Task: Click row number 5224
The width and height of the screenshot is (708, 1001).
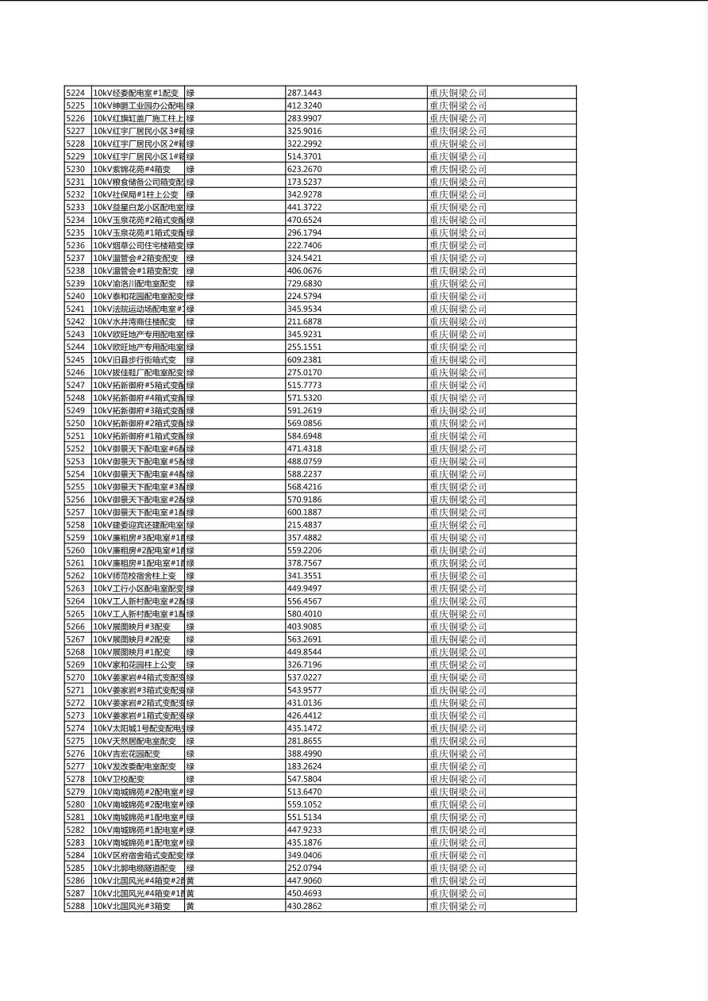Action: pos(75,93)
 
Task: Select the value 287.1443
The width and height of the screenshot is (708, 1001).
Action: pos(304,93)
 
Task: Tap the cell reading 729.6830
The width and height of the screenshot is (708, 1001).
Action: pos(304,284)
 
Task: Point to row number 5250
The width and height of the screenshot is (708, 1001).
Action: pos(75,424)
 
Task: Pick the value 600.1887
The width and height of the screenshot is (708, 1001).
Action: pos(304,512)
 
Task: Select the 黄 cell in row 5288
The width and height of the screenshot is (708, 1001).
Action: pos(190,906)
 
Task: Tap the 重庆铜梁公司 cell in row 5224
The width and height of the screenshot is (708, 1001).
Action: pos(458,93)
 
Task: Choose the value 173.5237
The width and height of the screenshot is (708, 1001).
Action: pos(304,182)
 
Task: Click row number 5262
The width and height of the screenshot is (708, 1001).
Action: pos(75,576)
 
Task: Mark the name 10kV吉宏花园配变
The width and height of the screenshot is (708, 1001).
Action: pos(127,754)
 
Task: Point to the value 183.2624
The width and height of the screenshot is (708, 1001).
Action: pos(304,766)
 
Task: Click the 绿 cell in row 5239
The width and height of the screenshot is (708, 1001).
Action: pos(190,284)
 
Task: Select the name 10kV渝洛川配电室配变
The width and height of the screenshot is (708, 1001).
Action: pos(135,284)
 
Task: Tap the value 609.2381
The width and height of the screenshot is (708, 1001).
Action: pos(304,360)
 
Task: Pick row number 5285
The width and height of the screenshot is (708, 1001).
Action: pos(75,868)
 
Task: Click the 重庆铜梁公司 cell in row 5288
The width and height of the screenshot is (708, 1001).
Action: pos(458,906)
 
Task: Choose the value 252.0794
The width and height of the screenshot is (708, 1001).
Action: pos(304,868)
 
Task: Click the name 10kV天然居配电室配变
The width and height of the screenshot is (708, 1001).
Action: pos(135,741)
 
